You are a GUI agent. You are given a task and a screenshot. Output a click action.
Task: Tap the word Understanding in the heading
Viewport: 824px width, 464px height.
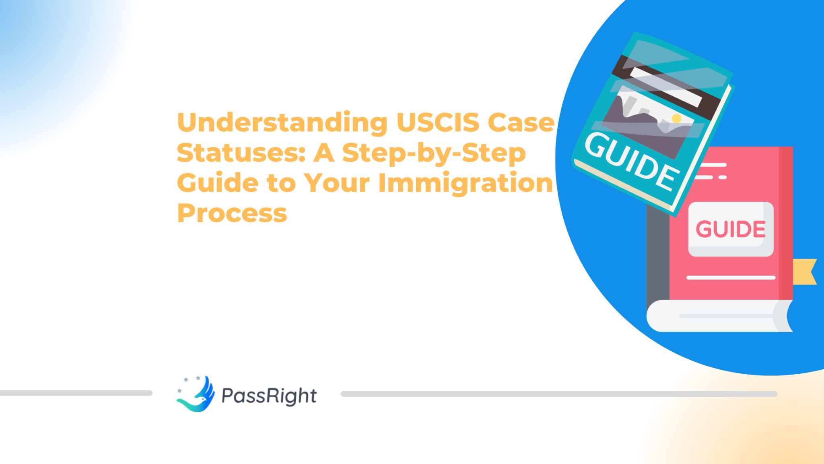pyautogui.click(x=282, y=122)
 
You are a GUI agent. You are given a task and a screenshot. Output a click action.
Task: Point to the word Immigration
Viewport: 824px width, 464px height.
pyautogui.click(x=466, y=183)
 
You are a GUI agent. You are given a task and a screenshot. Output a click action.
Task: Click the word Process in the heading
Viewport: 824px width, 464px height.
pyautogui.click(x=232, y=213)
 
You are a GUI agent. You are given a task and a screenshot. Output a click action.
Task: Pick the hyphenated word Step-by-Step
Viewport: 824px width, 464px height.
pyautogui.click(x=434, y=153)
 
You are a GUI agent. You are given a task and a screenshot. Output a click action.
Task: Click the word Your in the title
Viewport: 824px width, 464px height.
pyautogui.click(x=336, y=183)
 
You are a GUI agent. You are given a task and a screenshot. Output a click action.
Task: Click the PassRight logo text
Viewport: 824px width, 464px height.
pyautogui.click(x=269, y=396)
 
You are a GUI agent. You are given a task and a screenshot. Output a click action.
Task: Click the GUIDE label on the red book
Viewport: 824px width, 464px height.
pyautogui.click(x=731, y=229)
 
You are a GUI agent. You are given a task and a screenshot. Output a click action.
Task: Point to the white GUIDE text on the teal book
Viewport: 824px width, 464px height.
pyautogui.click(x=631, y=161)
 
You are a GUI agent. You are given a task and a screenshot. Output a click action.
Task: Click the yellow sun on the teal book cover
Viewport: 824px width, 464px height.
pyautogui.click(x=676, y=118)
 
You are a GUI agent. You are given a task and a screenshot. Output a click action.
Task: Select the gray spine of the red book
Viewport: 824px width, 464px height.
pyautogui.click(x=657, y=258)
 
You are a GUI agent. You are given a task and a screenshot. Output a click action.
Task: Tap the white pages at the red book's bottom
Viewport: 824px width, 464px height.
pyautogui.click(x=716, y=316)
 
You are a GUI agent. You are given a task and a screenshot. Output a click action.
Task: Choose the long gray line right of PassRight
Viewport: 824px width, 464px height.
pyautogui.click(x=559, y=394)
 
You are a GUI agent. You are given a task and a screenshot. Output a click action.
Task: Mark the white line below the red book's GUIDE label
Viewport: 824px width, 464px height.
pyautogui.click(x=731, y=278)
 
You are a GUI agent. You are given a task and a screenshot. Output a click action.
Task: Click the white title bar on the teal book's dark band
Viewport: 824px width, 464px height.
pyautogui.click(x=666, y=87)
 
